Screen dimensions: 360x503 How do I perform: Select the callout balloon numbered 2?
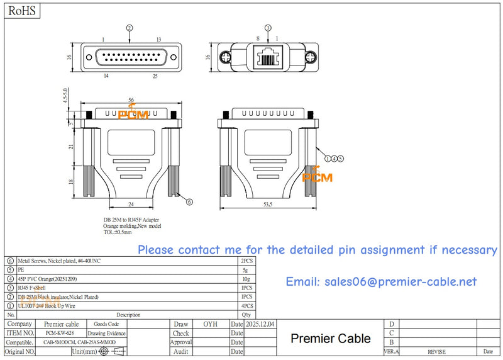click(130, 28)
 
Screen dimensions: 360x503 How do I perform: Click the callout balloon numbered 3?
click(268, 28)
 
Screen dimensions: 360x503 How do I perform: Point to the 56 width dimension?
click(131, 100)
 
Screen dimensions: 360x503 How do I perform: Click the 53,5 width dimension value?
click(267, 205)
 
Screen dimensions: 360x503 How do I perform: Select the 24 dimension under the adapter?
click(131, 205)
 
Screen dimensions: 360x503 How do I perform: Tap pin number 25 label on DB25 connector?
click(155, 76)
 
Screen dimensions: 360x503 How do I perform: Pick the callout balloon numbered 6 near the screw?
click(189, 201)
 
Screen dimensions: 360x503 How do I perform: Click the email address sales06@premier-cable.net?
click(381, 282)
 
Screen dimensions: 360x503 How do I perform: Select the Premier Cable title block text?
click(330, 339)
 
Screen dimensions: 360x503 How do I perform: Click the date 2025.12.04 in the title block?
click(260, 324)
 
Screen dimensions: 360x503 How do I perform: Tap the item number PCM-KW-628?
click(60, 333)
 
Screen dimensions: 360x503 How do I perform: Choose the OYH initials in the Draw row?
click(210, 324)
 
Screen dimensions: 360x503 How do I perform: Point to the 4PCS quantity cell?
click(246, 305)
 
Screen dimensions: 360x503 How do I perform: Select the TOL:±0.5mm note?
click(118, 232)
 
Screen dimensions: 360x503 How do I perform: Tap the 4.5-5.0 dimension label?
click(64, 99)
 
